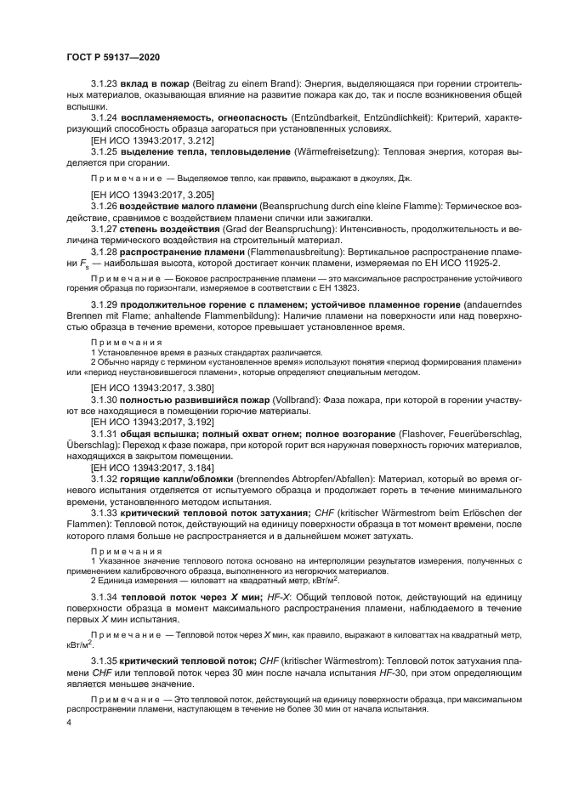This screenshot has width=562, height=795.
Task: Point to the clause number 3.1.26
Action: coord(105,207)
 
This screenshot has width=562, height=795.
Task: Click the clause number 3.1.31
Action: coord(105,433)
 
